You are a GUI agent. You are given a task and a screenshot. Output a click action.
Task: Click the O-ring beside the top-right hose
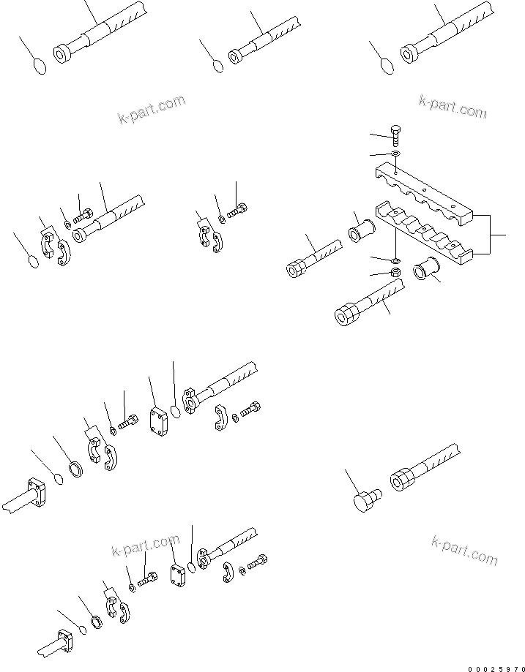(x=388, y=67)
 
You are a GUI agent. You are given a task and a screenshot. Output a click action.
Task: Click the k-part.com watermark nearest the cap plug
(x=464, y=549)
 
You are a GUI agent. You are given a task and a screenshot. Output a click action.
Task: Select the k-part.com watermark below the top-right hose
(x=452, y=107)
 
